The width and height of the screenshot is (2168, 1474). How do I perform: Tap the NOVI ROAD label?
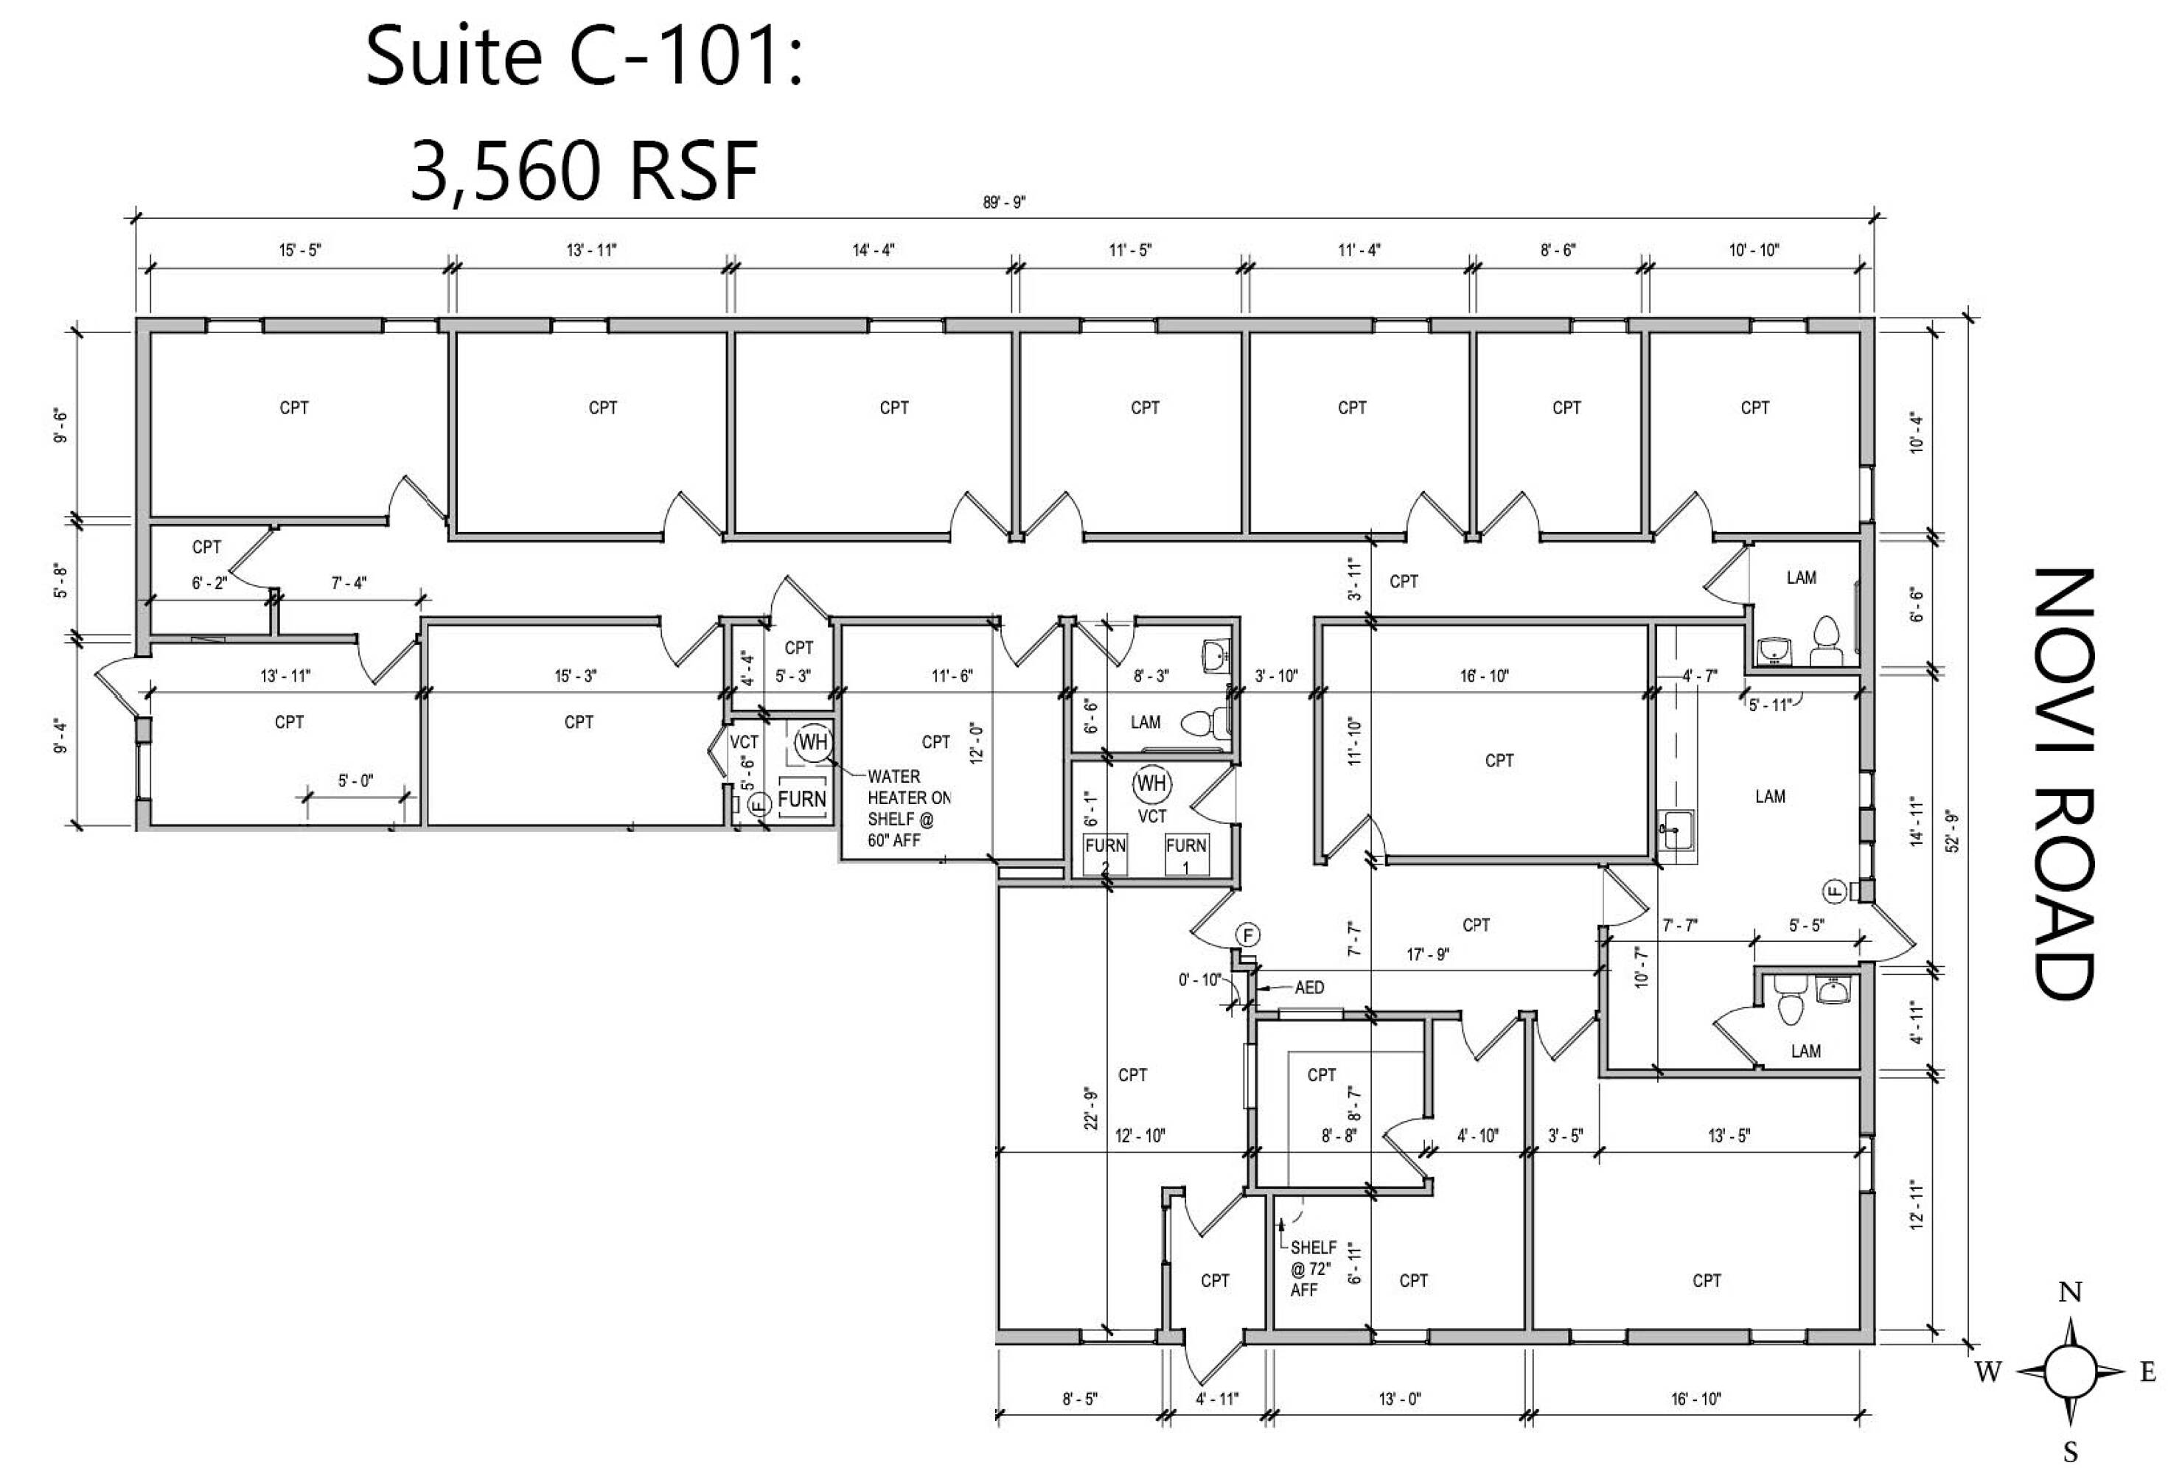click(x=2066, y=783)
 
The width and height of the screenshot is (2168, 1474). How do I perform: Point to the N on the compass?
click(x=2070, y=1292)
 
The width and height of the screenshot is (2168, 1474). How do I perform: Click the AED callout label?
click(x=1308, y=987)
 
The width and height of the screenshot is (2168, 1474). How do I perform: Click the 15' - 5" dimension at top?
click(x=299, y=250)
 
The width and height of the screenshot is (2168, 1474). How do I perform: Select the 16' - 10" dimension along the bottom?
click(x=1696, y=1398)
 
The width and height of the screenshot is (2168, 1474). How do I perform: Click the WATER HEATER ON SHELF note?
click(x=907, y=808)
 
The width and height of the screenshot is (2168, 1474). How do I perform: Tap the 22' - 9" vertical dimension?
click(x=1090, y=1108)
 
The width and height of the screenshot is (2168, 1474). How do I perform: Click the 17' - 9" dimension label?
click(x=1427, y=954)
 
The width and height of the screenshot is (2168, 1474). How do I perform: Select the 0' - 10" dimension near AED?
click(x=1199, y=979)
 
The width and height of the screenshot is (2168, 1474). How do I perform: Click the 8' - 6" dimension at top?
click(x=1557, y=250)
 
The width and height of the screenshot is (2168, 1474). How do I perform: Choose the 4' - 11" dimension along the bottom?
click(x=1216, y=1398)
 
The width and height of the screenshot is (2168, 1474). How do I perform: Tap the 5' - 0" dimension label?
click(x=355, y=780)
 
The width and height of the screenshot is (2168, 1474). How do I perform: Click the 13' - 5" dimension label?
click(x=1729, y=1136)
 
